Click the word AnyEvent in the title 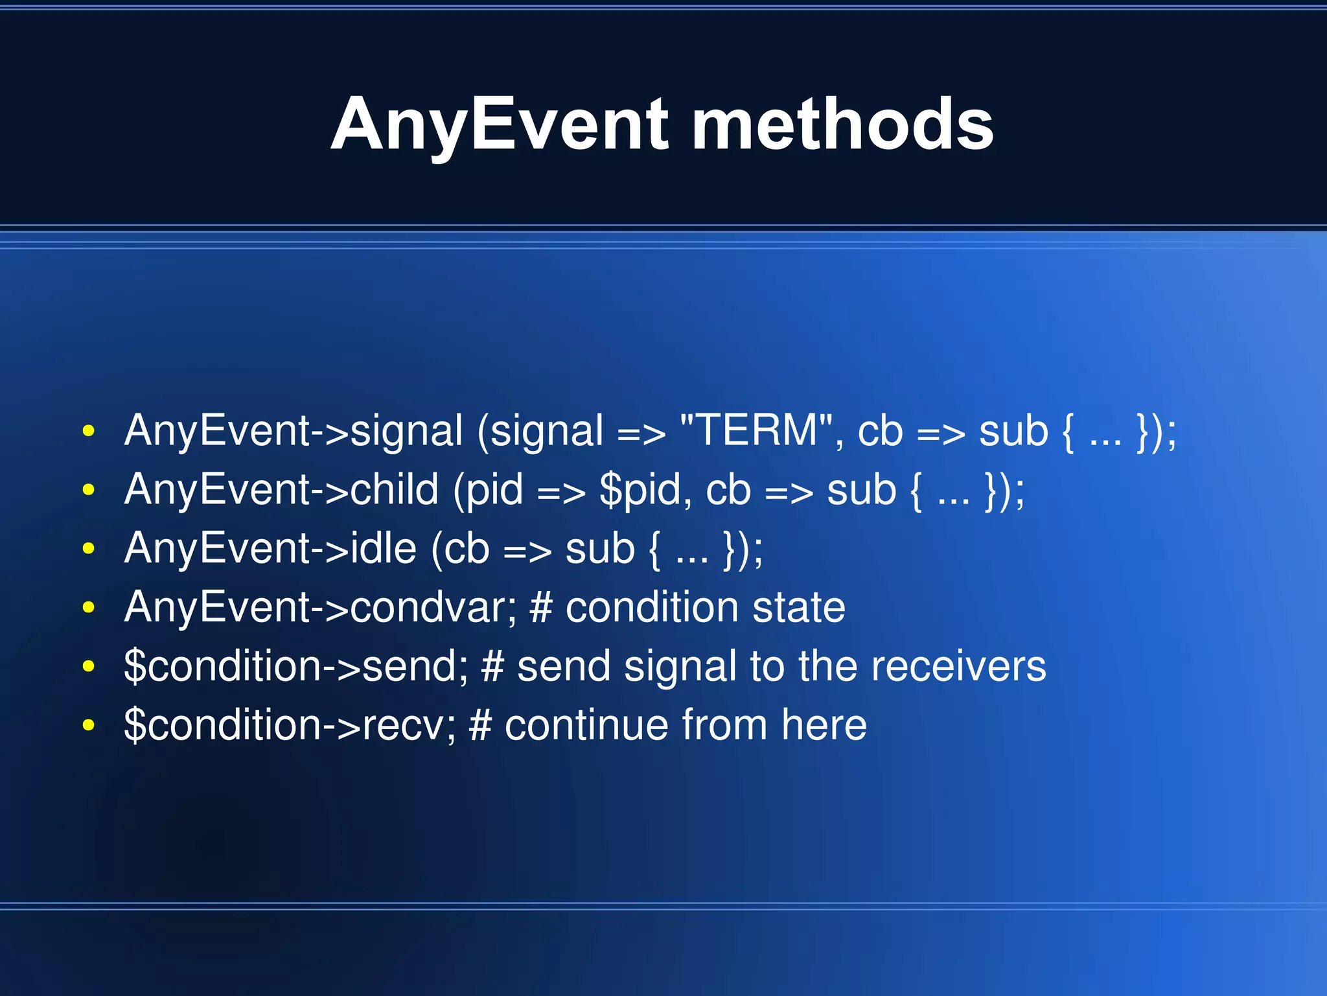499,124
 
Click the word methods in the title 842,124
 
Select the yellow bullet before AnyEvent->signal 89,432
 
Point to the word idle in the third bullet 383,548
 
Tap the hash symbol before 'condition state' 540,607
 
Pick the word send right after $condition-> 409,666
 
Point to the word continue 586,725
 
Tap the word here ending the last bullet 824,725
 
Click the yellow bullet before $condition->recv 89,726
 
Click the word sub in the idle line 599,548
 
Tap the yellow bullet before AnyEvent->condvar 89,608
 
